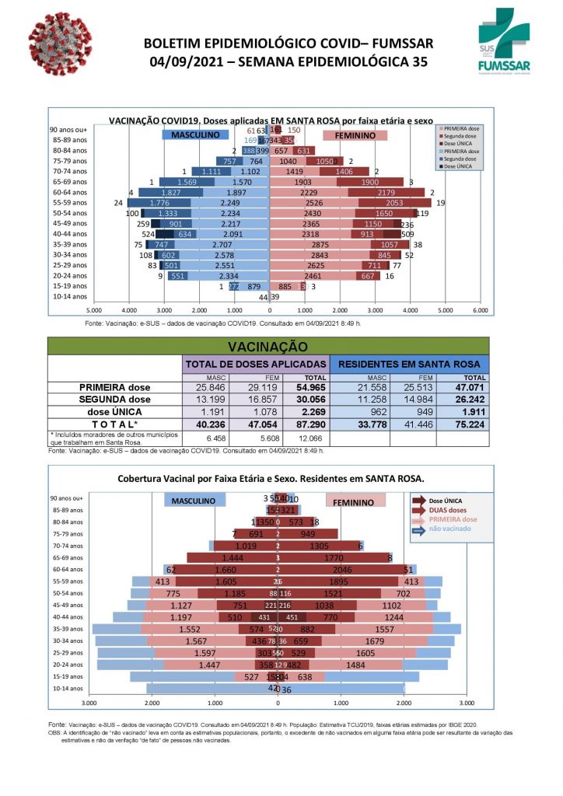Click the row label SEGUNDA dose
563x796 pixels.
pyautogui.click(x=115, y=399)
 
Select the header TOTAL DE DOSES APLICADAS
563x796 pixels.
pyautogui.click(x=256, y=363)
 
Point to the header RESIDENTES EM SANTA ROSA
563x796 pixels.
pyautogui.click(x=410, y=363)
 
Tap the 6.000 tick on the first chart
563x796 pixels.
pyautogui.click(x=481, y=309)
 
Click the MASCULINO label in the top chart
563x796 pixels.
pyautogui.click(x=194, y=135)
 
